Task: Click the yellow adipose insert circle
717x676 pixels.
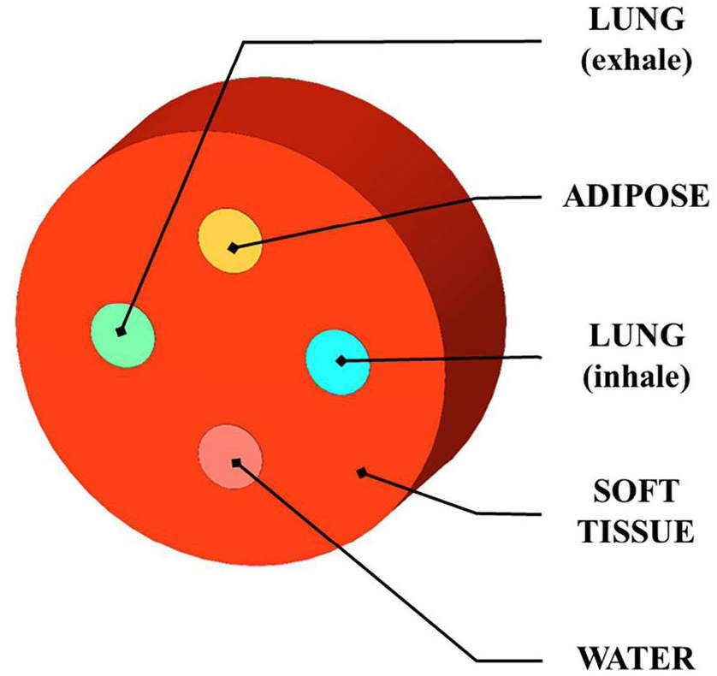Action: pos(230,241)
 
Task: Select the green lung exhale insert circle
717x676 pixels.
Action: pos(122,335)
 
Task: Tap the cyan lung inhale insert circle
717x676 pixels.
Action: pos(337,362)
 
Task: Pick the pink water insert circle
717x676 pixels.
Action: pos(230,457)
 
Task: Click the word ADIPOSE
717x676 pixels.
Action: pos(636,196)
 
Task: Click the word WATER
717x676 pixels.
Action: pos(636,659)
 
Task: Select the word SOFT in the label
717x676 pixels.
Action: pos(636,491)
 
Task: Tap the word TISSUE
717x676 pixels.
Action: pos(636,531)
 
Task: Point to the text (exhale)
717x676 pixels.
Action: pos(637,60)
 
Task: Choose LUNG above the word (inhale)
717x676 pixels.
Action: pos(637,335)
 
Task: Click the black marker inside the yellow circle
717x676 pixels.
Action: pos(234,248)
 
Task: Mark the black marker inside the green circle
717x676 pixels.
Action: pos(121,331)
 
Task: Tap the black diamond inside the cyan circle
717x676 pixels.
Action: pos(341,361)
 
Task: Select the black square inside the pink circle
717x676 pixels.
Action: pos(236,463)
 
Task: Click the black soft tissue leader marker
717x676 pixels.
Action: pos(362,473)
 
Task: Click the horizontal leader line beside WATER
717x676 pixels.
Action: pos(509,660)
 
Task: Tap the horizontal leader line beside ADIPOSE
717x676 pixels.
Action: pos(509,198)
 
